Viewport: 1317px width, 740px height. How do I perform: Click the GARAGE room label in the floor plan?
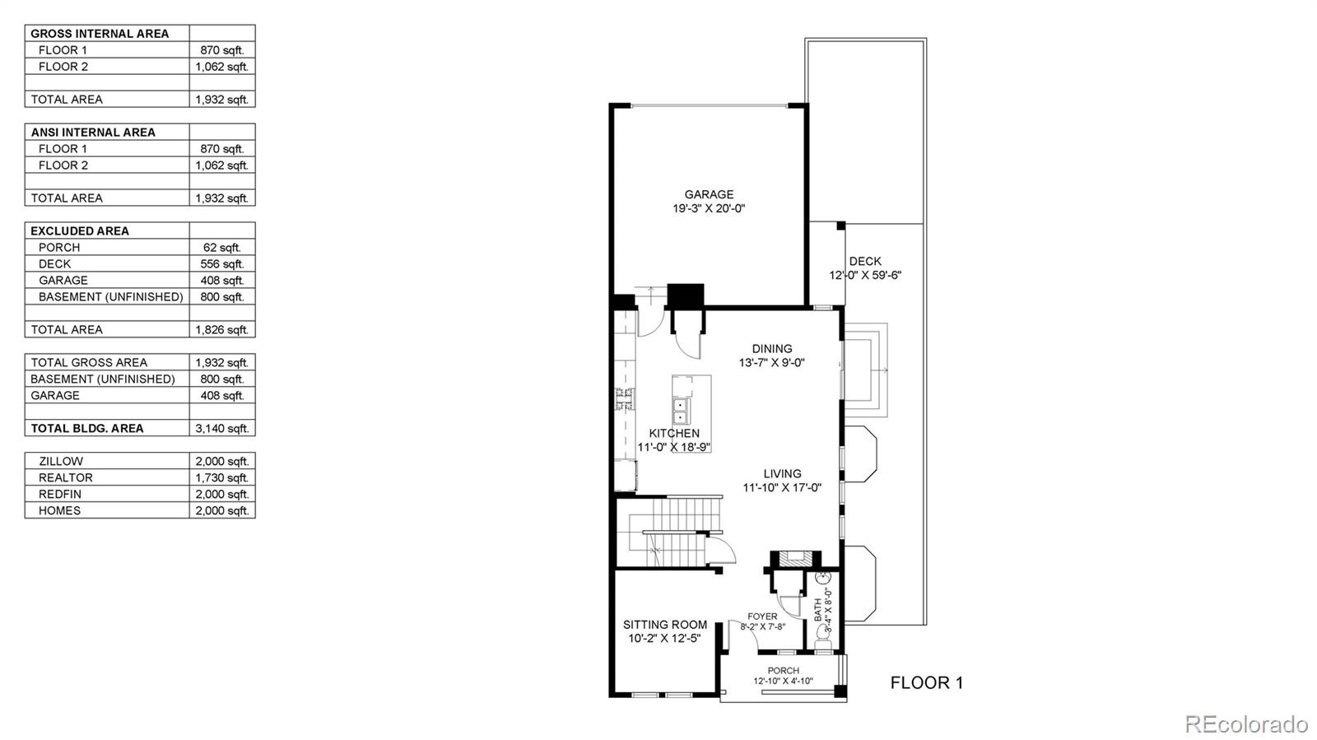pyautogui.click(x=709, y=194)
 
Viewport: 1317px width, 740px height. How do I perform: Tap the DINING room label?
pyautogui.click(x=772, y=348)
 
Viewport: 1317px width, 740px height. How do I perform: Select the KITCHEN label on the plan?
pyautogui.click(x=674, y=433)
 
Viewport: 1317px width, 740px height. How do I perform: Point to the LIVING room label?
pyautogui.click(x=782, y=473)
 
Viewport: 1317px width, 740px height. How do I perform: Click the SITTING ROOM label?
pyautogui.click(x=665, y=624)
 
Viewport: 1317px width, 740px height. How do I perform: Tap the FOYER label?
pyautogui.click(x=762, y=617)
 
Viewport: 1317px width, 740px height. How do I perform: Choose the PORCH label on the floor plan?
pyautogui.click(x=783, y=671)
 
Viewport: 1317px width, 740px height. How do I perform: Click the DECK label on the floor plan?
pyautogui.click(x=865, y=261)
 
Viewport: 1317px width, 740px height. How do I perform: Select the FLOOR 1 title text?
pyautogui.click(x=927, y=682)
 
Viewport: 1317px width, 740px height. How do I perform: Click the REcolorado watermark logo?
pyautogui.click(x=1245, y=723)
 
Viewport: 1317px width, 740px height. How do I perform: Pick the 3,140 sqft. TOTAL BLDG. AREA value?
pyautogui.click(x=222, y=429)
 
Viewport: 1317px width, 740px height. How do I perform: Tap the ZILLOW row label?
pyautogui.click(x=61, y=462)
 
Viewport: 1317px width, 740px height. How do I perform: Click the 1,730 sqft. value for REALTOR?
pyautogui.click(x=222, y=478)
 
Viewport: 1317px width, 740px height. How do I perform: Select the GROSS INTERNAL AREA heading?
pyautogui.click(x=100, y=34)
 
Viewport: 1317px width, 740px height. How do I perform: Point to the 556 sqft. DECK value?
pyautogui.click(x=222, y=264)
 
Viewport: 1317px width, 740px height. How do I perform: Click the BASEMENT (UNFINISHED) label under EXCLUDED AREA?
pyautogui.click(x=110, y=297)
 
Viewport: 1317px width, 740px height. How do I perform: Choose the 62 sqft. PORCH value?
pyautogui.click(x=222, y=248)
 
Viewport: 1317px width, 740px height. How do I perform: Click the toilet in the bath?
pyautogui.click(x=822, y=638)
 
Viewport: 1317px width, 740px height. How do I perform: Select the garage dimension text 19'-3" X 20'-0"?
pyautogui.click(x=709, y=208)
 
